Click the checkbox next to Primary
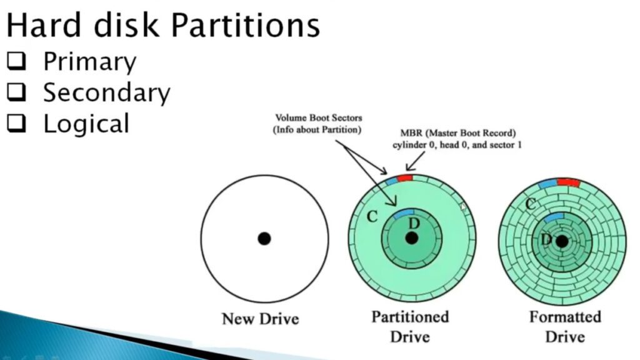[17, 61]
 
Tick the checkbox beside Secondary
[17, 92]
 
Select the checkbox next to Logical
[17, 123]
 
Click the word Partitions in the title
[245, 25]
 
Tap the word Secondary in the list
[107, 93]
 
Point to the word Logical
[86, 124]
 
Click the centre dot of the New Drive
[264, 238]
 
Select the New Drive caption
[261, 319]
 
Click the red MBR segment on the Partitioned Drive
[405, 178]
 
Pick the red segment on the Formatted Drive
[569, 182]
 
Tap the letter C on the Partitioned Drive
[372, 216]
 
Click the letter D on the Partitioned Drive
[414, 223]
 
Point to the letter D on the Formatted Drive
[546, 239]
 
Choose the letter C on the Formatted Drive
[531, 204]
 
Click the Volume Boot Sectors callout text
[318, 124]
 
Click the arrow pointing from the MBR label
[415, 161]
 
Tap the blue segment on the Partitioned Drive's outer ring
[391, 180]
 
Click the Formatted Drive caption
[565, 326]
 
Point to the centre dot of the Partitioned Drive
[411, 238]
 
